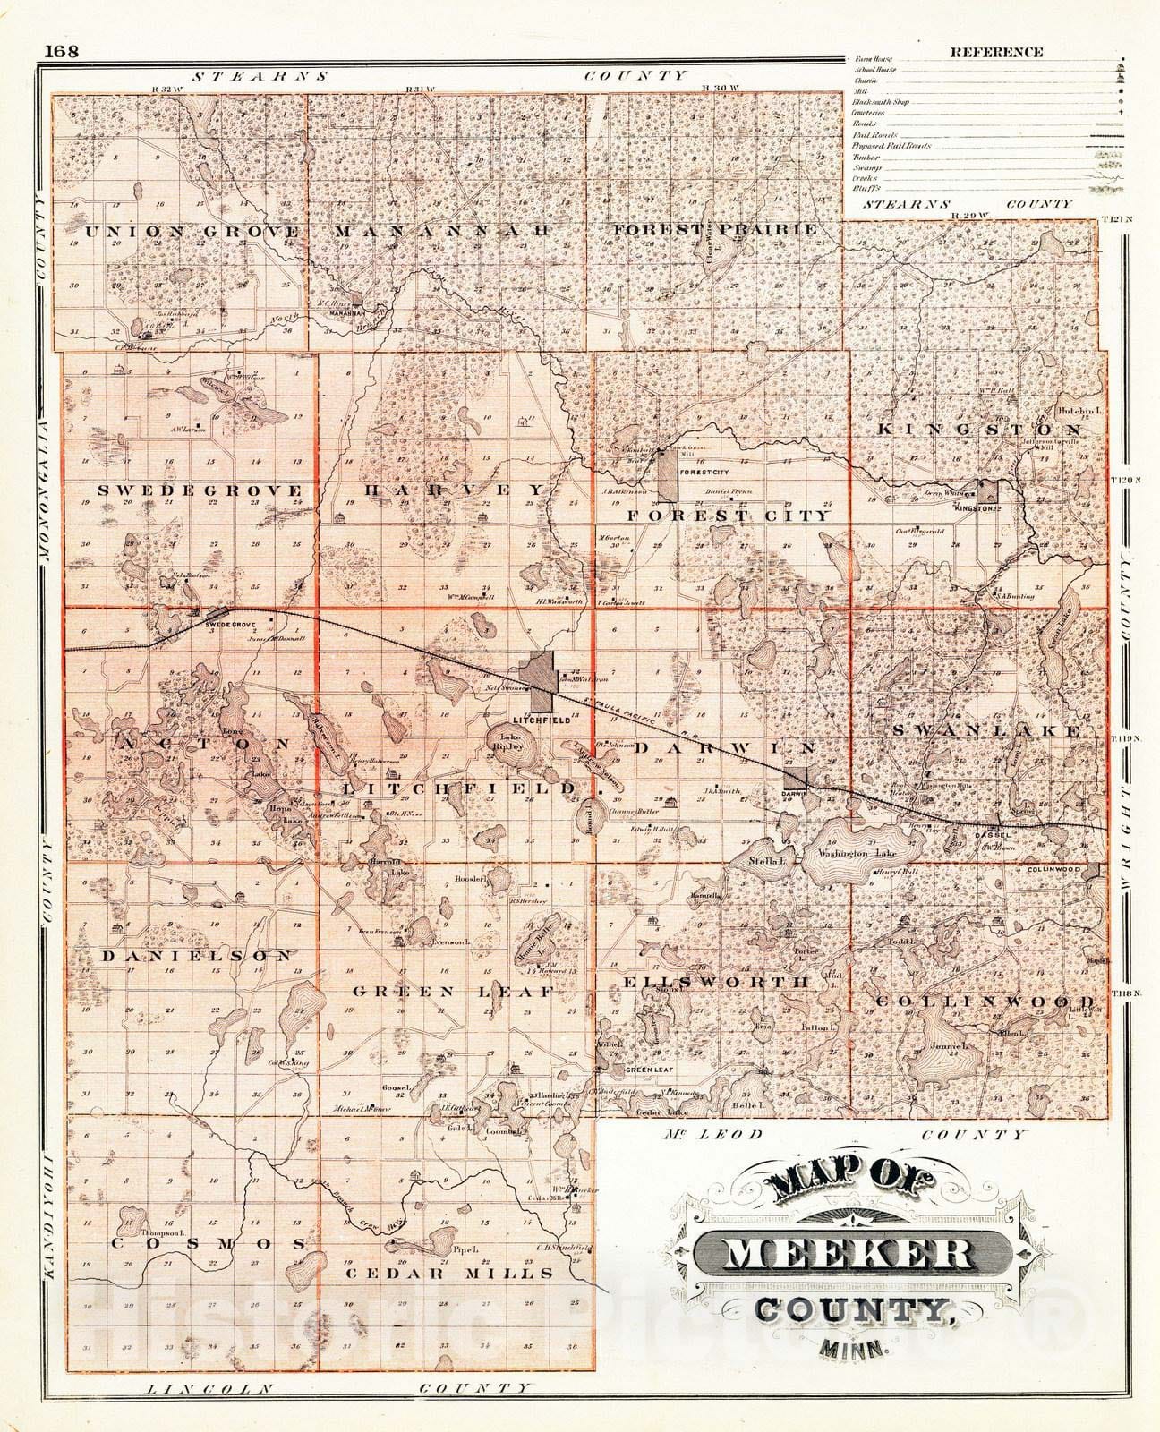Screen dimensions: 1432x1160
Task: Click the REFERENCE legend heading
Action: coord(996,52)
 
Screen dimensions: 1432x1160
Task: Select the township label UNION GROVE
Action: coord(192,232)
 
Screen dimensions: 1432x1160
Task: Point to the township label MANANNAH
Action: coord(441,231)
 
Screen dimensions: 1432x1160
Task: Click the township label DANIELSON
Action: coord(197,956)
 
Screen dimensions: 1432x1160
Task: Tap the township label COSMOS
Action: coord(210,1244)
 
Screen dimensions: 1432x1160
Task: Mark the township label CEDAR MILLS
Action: coord(450,1273)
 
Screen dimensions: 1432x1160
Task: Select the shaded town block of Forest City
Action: coord(667,475)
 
